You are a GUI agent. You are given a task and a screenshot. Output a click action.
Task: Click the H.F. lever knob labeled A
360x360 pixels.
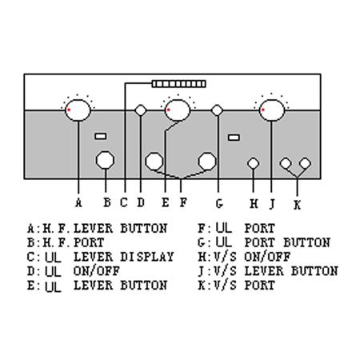point(78,110)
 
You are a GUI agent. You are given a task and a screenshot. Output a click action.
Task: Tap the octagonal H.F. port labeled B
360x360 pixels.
point(105,160)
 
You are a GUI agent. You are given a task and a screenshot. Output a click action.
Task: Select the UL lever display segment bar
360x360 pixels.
point(179,84)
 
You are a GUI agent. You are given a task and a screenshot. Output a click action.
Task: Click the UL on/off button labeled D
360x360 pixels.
point(141,110)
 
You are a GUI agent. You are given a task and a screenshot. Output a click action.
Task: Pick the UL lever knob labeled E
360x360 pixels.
point(178,110)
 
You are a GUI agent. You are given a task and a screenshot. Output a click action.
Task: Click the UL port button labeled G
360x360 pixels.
point(217,110)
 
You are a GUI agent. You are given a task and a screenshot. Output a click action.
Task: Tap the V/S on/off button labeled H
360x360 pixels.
point(253,163)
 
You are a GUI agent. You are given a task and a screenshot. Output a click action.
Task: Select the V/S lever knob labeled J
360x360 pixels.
point(272,110)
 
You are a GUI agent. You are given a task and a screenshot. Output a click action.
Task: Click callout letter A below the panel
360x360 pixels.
point(78,202)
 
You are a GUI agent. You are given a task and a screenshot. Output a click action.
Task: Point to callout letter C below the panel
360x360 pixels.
point(124,202)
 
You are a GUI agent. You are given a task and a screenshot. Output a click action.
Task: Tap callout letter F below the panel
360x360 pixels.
point(183,202)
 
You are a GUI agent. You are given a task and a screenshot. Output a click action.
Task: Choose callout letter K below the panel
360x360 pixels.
point(298,205)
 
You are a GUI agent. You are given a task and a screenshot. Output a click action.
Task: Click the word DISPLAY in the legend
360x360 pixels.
point(147,257)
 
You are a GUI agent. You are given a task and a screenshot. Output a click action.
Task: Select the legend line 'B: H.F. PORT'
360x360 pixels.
point(66,242)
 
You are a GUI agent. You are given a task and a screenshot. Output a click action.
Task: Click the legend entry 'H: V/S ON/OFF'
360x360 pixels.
point(244,257)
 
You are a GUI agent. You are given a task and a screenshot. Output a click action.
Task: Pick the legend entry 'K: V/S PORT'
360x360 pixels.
point(236,286)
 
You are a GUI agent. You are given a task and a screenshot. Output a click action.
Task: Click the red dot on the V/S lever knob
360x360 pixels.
point(263,110)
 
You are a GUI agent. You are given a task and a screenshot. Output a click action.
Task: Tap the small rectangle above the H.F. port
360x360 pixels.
point(101,136)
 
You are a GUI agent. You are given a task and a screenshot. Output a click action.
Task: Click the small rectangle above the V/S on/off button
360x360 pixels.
point(234,138)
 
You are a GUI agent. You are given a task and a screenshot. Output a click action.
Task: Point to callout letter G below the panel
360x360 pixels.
point(219,204)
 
